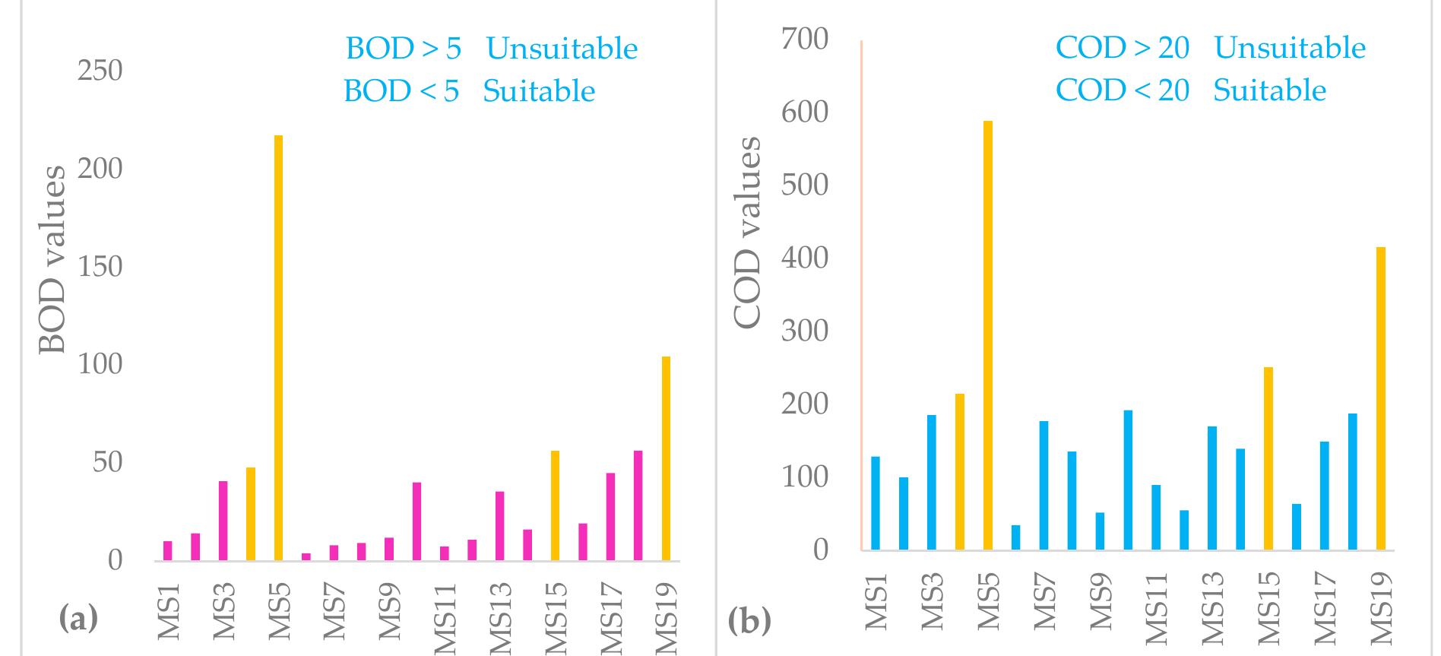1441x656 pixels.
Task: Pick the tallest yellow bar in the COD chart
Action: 987,334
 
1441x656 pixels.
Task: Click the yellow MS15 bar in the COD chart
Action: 1268,458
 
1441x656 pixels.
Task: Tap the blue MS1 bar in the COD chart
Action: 875,502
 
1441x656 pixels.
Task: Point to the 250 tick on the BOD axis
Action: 100,71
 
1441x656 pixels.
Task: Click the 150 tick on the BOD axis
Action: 100,267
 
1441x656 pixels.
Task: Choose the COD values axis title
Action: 747,232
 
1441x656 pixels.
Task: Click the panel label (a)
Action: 78,619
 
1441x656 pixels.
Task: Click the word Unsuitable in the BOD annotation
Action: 562,49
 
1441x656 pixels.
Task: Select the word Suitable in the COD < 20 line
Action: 1269,90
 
